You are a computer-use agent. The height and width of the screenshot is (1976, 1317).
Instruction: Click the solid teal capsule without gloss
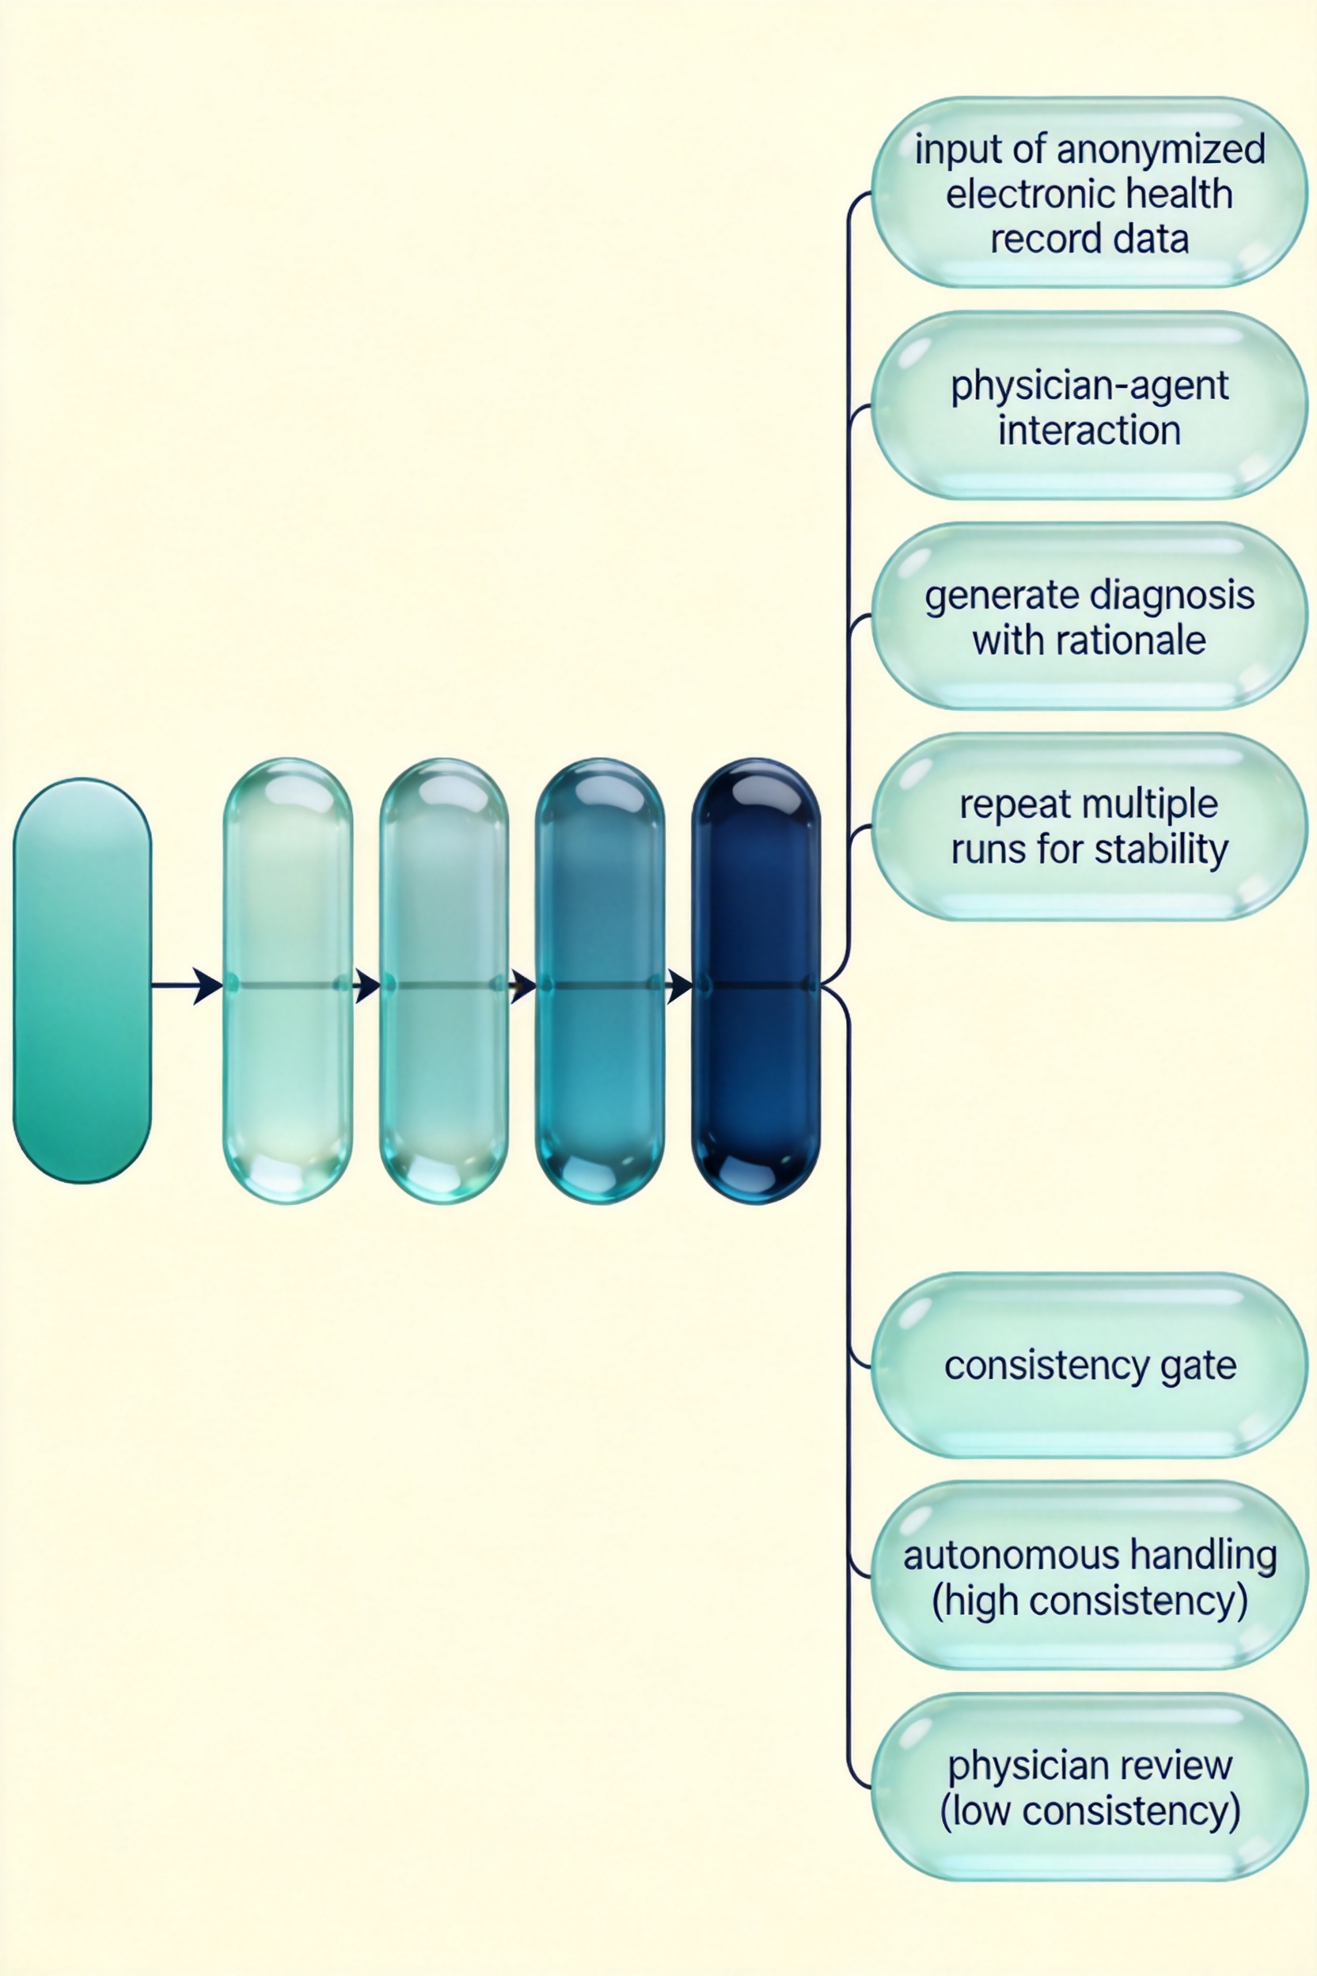[x=82, y=980]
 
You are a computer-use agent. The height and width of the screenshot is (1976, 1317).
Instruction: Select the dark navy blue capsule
[x=755, y=980]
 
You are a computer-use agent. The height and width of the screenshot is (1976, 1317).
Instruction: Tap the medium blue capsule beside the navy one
[x=600, y=980]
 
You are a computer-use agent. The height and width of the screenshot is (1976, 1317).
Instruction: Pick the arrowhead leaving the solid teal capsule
[x=207, y=986]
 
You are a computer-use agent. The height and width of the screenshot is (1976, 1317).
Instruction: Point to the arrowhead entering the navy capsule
[x=680, y=986]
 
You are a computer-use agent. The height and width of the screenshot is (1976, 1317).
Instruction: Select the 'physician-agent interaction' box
[x=1089, y=405]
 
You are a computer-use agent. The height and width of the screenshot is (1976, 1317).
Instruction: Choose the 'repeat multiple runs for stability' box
[x=1089, y=826]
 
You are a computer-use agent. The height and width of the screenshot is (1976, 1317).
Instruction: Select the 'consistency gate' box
[x=1089, y=1365]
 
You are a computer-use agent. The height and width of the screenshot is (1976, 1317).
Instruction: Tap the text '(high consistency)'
[x=1089, y=1602]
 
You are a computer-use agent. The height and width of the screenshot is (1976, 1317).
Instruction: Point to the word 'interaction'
[x=1089, y=430]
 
